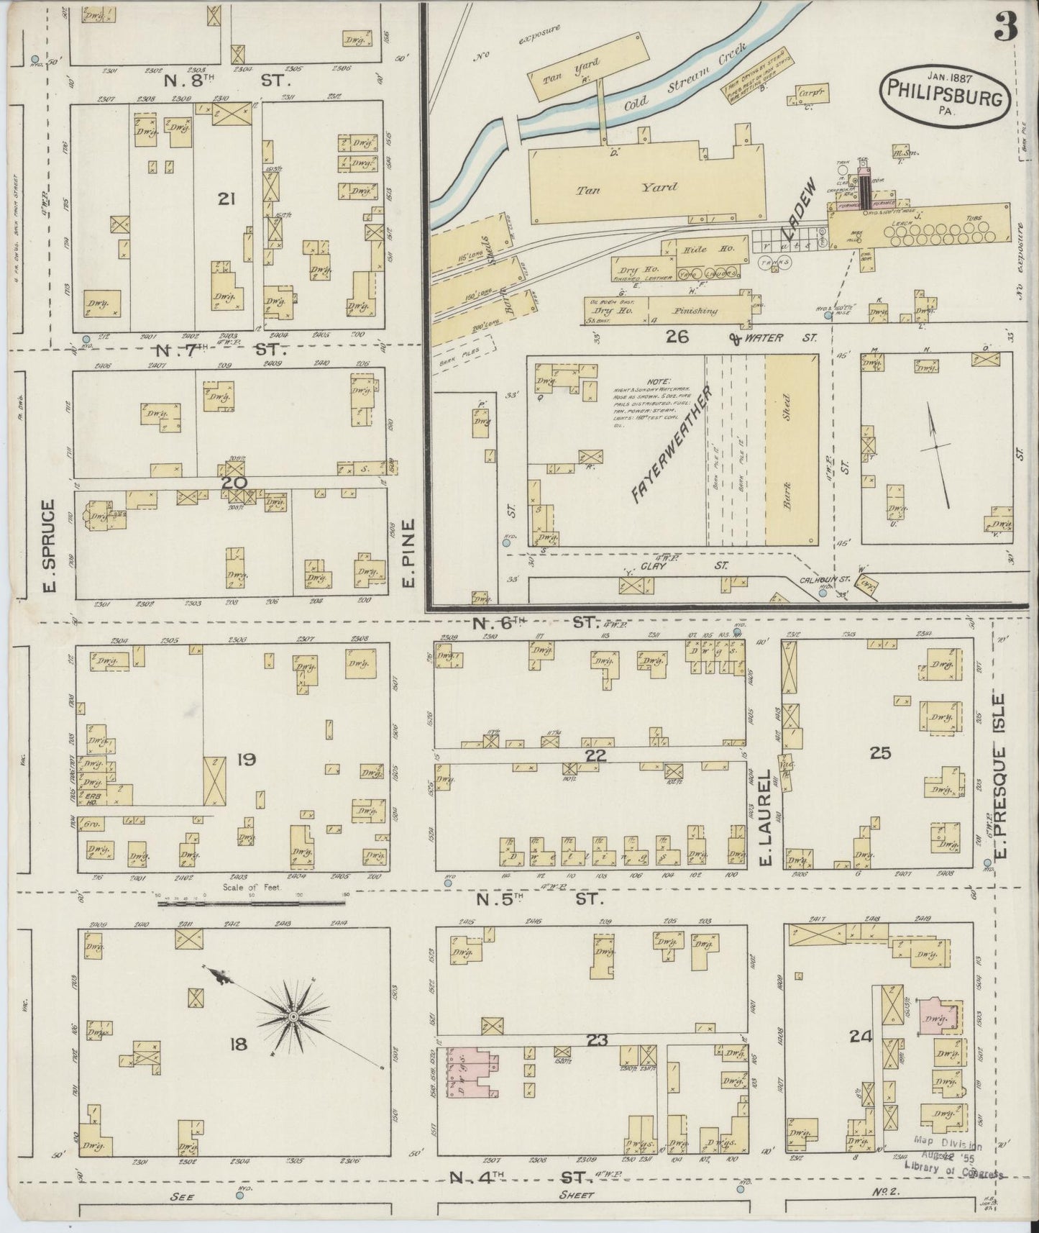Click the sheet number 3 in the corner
pos(1006,28)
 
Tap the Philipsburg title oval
pos(944,93)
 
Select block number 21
pos(226,199)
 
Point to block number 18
pos(238,1043)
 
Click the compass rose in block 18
pos(293,1016)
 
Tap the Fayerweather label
pos(671,443)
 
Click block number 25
pos(880,753)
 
